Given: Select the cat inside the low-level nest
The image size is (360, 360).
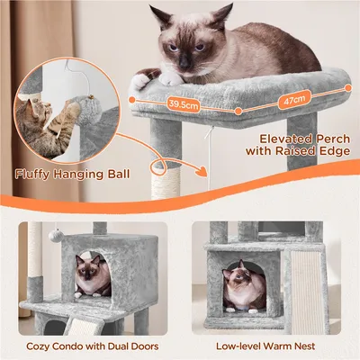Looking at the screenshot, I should click(x=242, y=287).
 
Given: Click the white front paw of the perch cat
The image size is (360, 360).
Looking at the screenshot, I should click(x=141, y=80).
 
